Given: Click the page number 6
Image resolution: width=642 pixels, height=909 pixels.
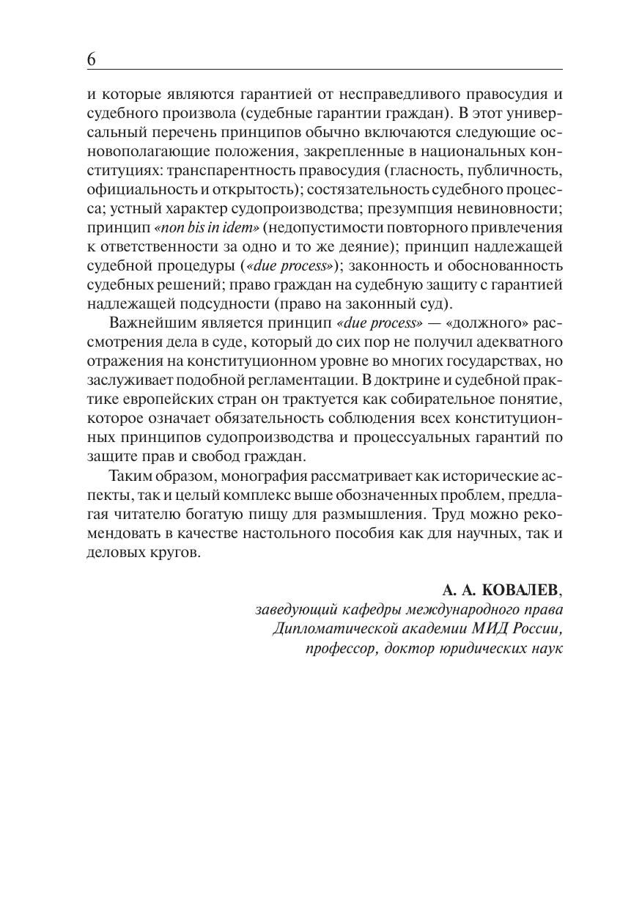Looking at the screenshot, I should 92,59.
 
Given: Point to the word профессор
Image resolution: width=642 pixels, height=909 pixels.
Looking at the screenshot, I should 342,649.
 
